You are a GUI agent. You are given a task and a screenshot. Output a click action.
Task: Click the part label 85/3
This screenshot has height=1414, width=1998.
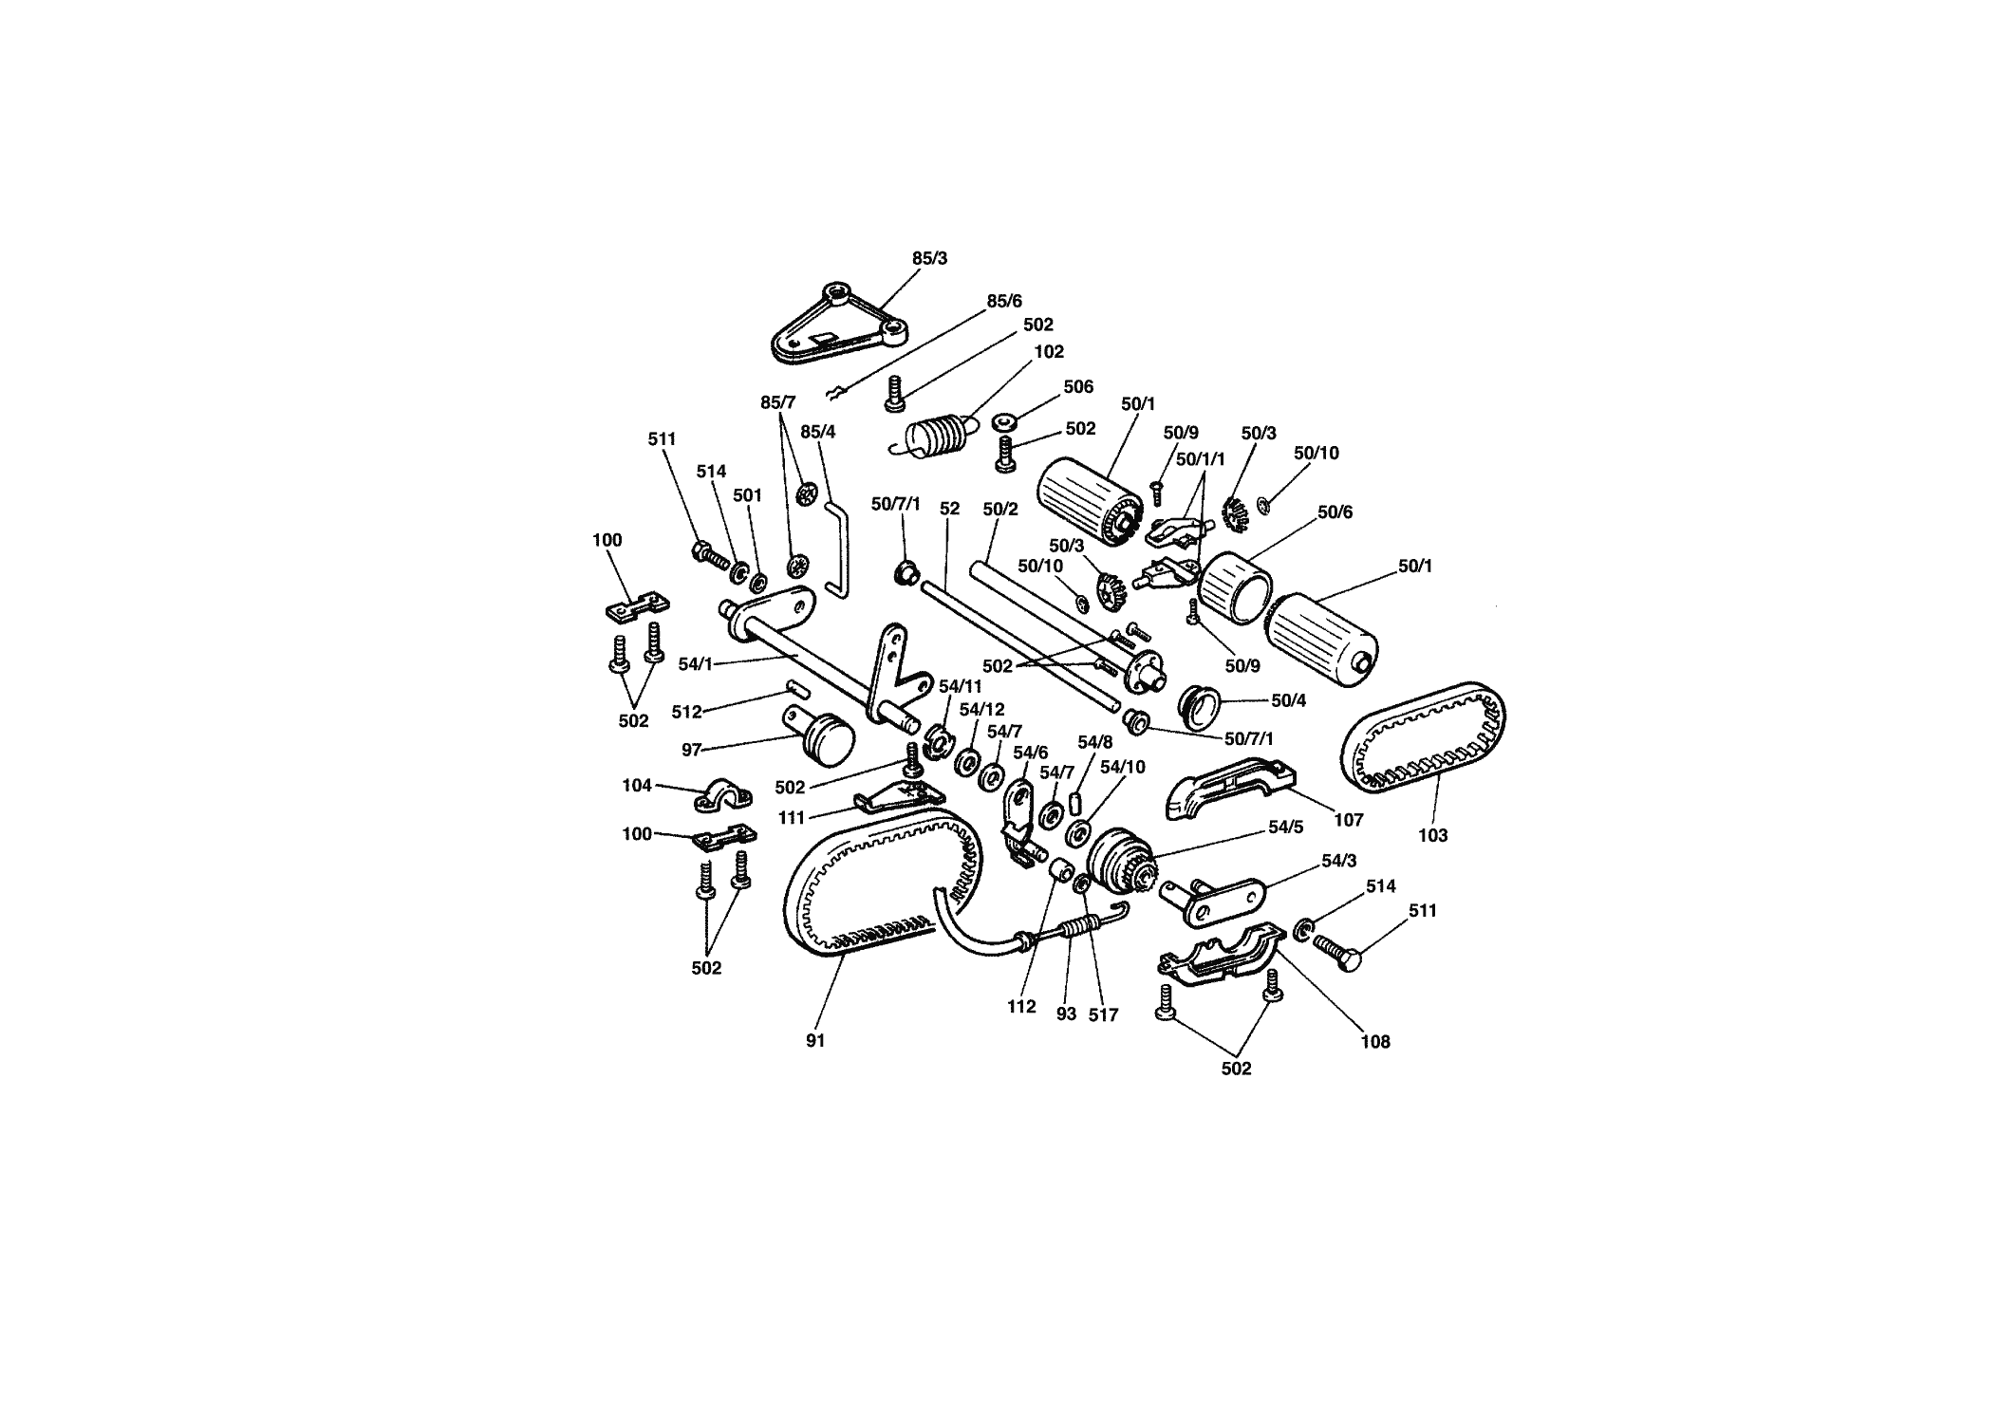pos(929,258)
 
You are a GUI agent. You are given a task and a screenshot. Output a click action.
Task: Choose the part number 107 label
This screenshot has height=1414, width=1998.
pos(1348,820)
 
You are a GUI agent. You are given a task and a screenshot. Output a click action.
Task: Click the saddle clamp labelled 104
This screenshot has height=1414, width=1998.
pos(721,795)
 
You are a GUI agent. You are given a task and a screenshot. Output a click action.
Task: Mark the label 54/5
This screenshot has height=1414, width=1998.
pos(1286,827)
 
